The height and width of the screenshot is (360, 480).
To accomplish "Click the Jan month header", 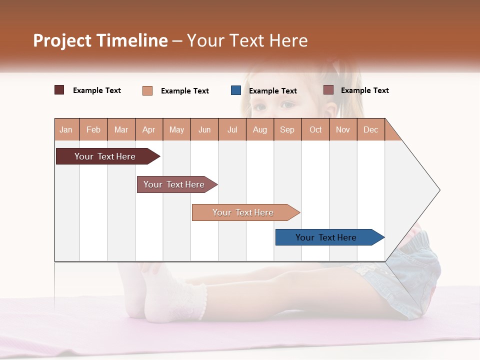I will (66, 130).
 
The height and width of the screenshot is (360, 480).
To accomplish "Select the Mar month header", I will (121, 130).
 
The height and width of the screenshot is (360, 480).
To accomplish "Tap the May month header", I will (176, 130).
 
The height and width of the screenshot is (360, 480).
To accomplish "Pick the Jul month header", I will (232, 130).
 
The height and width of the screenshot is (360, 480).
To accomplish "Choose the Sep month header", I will (287, 130).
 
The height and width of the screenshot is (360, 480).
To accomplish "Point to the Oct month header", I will (315, 130).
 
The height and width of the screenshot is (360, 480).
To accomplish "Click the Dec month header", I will (370, 130).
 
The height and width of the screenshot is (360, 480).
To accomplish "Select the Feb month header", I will (93, 130).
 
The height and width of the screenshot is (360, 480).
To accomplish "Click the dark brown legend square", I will (59, 90).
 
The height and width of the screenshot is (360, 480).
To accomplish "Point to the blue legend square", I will (236, 90).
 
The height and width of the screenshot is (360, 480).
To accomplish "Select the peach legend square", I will (147, 90).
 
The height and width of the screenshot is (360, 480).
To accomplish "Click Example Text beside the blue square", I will (272, 91).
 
